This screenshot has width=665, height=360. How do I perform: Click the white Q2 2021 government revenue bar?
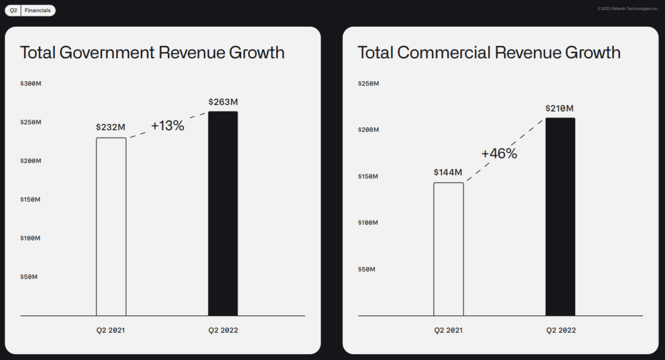pyautogui.click(x=111, y=226)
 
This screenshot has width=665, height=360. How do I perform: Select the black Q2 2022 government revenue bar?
pyautogui.click(x=223, y=214)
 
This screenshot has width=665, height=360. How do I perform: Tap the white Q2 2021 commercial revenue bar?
pyautogui.click(x=448, y=249)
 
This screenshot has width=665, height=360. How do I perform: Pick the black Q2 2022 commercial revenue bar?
pyautogui.click(x=560, y=217)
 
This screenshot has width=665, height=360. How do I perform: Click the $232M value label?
pyautogui.click(x=111, y=127)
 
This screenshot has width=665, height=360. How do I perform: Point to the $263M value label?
pyautogui.click(x=223, y=102)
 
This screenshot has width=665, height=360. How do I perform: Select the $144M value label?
pyautogui.click(x=448, y=172)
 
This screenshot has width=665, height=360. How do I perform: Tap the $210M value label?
pyautogui.click(x=560, y=108)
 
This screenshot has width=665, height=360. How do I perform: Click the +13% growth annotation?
pyautogui.click(x=167, y=126)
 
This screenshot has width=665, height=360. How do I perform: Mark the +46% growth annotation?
pyautogui.click(x=499, y=154)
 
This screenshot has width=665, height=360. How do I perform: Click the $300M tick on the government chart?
pyautogui.click(x=31, y=84)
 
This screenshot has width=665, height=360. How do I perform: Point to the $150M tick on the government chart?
pyautogui.click(x=31, y=199)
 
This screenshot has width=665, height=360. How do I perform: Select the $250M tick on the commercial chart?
pyautogui.click(x=368, y=84)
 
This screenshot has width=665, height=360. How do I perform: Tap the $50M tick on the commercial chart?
pyautogui.click(x=366, y=269)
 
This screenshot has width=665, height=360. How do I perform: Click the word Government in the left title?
pyautogui.click(x=107, y=52)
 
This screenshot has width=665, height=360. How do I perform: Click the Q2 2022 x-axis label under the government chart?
pyautogui.click(x=223, y=330)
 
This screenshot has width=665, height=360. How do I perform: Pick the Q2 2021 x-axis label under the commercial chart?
pyautogui.click(x=448, y=330)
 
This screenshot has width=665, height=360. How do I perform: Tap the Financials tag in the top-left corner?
pyautogui.click(x=38, y=10)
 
